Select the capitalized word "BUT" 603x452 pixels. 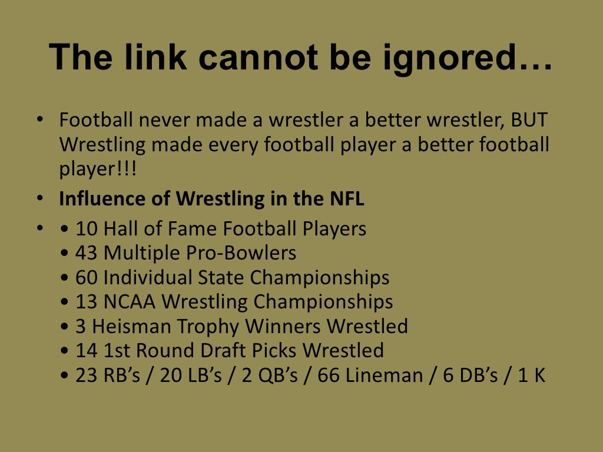click(x=529, y=121)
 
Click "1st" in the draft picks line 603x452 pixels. click(x=116, y=351)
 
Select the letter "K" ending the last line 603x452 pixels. click(x=539, y=375)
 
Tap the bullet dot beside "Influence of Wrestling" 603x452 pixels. click(x=39, y=199)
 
